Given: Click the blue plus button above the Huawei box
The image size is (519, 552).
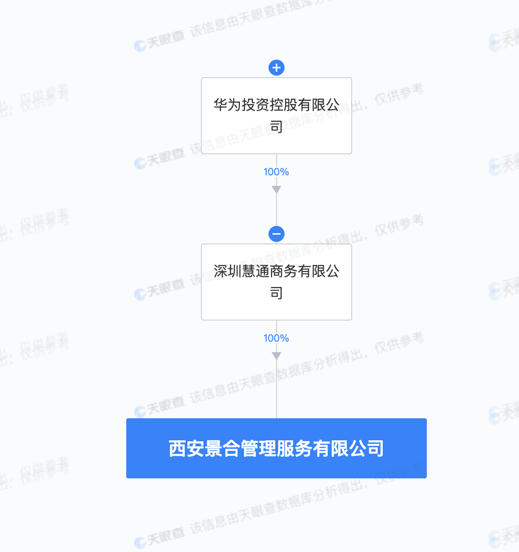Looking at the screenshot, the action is click(277, 68).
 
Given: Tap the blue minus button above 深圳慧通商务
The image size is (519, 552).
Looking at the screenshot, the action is click(277, 234).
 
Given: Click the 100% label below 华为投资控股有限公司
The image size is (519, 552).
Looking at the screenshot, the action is click(276, 172).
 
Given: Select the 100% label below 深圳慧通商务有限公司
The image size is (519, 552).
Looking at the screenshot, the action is click(276, 338).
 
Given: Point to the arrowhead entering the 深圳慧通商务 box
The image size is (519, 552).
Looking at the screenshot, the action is click(277, 190).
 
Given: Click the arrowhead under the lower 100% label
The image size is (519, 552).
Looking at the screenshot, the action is click(277, 356).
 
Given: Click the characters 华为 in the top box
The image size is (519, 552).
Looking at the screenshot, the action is click(227, 105).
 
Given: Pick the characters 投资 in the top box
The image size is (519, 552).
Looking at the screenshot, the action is click(255, 105).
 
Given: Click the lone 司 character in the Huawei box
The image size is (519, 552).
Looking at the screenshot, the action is click(277, 127).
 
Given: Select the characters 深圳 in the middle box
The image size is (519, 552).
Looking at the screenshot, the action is click(227, 271).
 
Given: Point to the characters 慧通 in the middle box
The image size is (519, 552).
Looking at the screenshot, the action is click(255, 271).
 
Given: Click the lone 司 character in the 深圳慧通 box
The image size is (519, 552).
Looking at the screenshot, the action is click(277, 293).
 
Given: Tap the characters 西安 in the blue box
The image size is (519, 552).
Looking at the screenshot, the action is click(187, 448).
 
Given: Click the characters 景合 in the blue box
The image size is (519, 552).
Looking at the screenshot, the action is click(222, 448).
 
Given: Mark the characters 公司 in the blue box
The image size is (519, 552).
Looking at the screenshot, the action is click(366, 448).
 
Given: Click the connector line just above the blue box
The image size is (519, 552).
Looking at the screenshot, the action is click(277, 389).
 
